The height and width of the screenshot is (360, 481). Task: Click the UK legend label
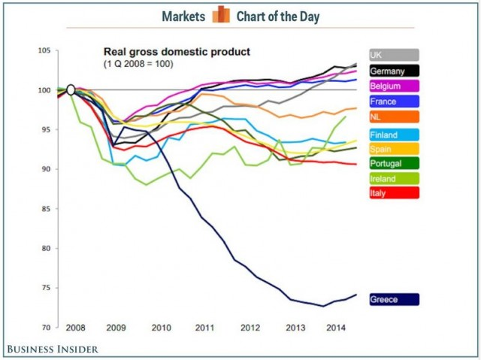393,55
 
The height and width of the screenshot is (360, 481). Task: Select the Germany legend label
393,71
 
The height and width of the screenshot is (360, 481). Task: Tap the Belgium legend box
393,86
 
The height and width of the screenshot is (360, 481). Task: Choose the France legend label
393,101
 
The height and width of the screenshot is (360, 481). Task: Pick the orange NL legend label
393,117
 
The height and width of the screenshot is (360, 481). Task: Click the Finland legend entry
393,135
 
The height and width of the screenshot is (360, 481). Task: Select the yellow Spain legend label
393,150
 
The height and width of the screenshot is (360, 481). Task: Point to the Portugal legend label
393,164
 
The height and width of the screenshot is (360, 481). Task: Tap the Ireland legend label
393,179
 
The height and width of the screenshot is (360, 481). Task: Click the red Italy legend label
393,193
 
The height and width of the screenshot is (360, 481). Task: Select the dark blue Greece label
393,299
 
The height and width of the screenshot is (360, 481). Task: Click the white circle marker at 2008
71,89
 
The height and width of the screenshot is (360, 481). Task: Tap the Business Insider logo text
53,348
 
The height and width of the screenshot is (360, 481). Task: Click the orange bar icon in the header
220,15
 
